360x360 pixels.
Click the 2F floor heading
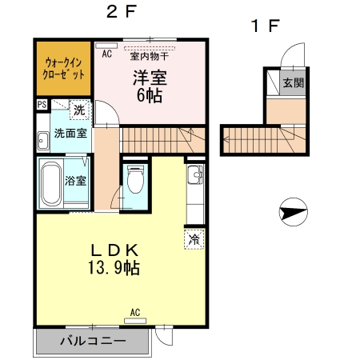pyautogui.click(x=122, y=12)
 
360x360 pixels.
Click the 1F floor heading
pyautogui.click(x=265, y=26)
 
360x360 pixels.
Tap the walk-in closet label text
pyautogui.click(x=64, y=69)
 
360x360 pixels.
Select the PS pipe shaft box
pyautogui.click(x=42, y=104)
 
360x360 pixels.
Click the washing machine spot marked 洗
pyautogui.click(x=79, y=110)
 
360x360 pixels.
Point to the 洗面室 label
pyautogui.click(x=70, y=133)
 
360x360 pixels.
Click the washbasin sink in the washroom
pyautogui.click(x=42, y=140)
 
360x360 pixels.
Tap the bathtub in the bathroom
pyautogui.click(x=51, y=184)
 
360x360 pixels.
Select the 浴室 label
pyautogui.click(x=76, y=181)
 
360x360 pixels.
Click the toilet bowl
pyautogui.click(x=135, y=178)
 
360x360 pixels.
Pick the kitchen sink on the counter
pyautogui.click(x=195, y=174)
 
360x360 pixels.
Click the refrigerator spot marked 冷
pyautogui.click(x=194, y=239)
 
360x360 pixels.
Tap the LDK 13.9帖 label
pyautogui.click(x=114, y=259)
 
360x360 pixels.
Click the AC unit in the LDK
pyautogui.click(x=135, y=321)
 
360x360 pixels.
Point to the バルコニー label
pyautogui.click(x=93, y=341)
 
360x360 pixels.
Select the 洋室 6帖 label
pyautogui.click(x=150, y=86)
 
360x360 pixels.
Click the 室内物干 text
pyautogui.click(x=150, y=56)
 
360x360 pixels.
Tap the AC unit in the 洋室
pyautogui.click(x=106, y=46)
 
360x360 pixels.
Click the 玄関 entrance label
pyautogui.click(x=294, y=82)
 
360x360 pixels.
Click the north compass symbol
pyautogui.click(x=294, y=212)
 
